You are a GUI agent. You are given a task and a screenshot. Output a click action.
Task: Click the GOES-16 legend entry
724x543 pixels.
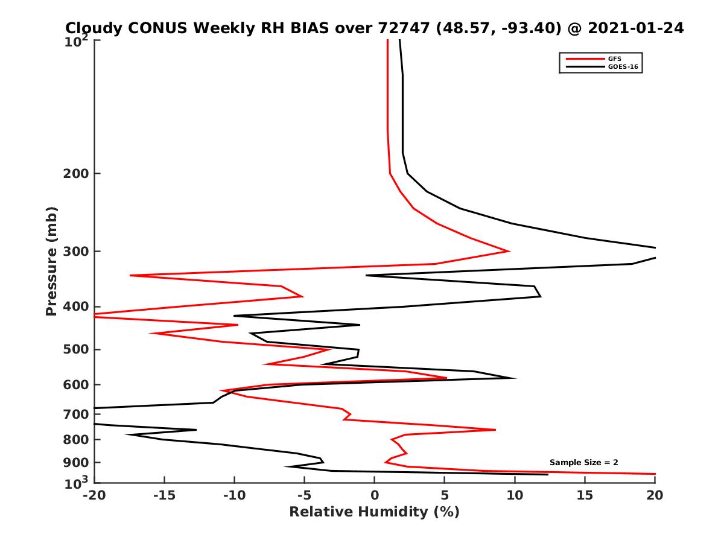621,66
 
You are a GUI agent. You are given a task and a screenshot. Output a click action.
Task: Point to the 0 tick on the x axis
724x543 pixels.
375,495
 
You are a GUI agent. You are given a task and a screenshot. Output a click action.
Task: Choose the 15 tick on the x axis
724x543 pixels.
585,495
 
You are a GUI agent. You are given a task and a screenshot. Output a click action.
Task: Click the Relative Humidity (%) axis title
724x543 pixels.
374,512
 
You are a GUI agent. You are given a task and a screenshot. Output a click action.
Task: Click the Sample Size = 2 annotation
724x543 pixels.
583,463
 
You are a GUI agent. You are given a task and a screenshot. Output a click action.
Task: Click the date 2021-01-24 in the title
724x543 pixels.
635,28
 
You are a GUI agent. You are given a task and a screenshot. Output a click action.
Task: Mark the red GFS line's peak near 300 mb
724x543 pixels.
510,251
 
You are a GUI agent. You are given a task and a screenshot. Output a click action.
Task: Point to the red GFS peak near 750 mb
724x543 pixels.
495,430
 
